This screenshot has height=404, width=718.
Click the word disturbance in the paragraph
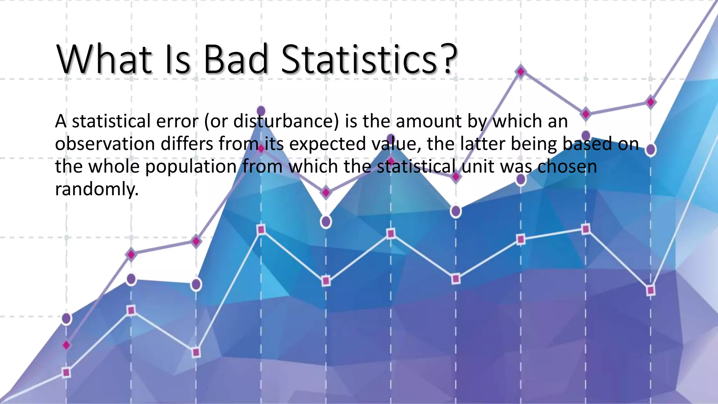[286, 121]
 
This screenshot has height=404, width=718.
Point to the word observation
[105, 144]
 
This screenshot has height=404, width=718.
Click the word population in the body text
[191, 167]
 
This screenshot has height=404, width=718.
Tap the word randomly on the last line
[97, 189]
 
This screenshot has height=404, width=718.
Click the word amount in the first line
[428, 121]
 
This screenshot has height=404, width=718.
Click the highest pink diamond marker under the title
[521, 72]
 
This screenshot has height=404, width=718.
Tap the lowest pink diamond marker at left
[66, 345]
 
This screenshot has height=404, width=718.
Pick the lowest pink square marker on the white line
[66, 372]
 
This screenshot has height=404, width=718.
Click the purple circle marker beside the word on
[650, 149]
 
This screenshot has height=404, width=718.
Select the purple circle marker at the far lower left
[66, 318]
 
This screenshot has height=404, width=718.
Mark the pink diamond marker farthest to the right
[650, 102]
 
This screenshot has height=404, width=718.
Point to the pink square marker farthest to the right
[650, 290]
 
